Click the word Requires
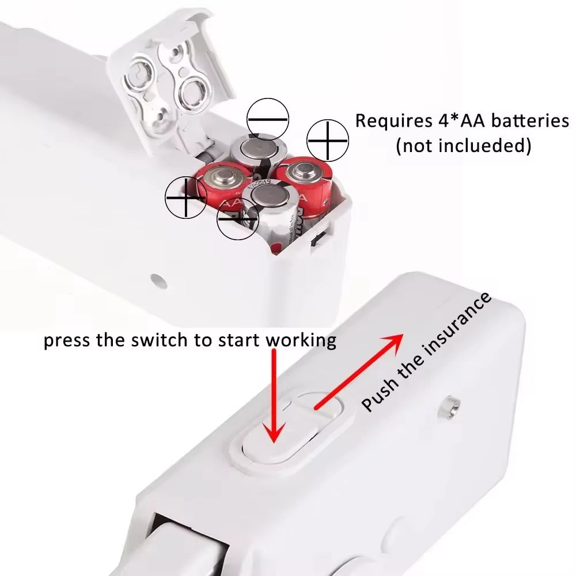(389, 122)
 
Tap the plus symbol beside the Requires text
(328, 140)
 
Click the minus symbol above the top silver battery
(267, 119)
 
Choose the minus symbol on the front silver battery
(237, 221)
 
